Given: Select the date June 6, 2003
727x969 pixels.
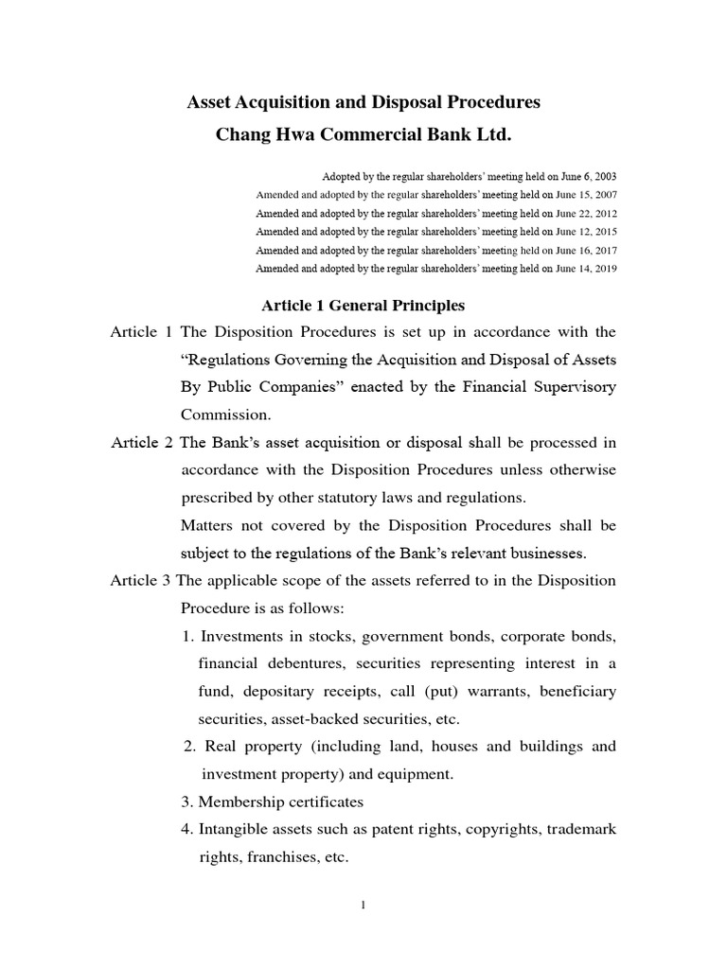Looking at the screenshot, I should pos(585,177).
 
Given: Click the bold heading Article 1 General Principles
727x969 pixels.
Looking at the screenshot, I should pos(363,306).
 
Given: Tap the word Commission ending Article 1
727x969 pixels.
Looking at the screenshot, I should pos(225,414).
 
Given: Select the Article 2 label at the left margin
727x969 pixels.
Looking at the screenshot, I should pos(141,443).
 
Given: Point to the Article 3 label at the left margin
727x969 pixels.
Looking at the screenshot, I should pos(141,580).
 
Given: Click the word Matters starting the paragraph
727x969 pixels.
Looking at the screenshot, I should pos(208,524).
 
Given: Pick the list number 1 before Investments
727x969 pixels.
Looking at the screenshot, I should pos(186,636).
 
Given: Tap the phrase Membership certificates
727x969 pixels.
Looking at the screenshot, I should pos(279,802).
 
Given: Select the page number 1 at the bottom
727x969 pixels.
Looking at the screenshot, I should pos(363,905).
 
